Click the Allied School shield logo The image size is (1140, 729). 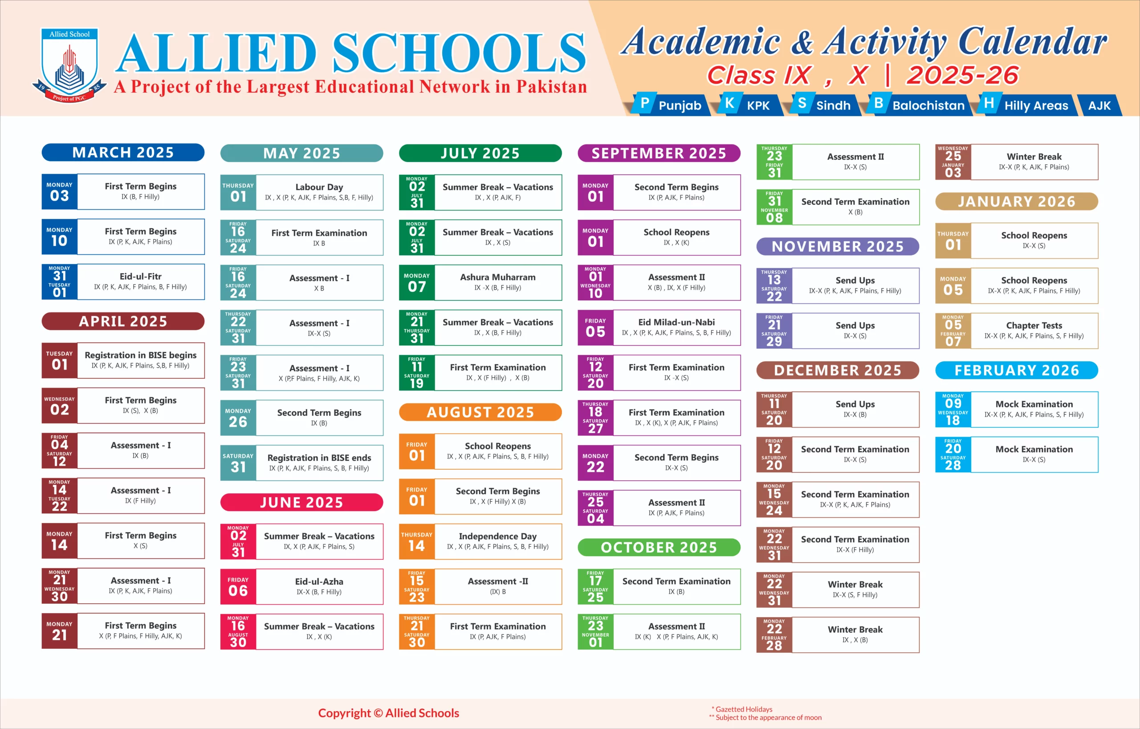69,64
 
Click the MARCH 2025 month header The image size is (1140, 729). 123,152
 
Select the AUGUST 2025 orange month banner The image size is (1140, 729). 480,412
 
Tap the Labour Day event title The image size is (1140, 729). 319,187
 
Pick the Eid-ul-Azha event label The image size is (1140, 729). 319,581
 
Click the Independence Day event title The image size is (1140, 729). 497,536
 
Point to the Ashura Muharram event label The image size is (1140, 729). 497,277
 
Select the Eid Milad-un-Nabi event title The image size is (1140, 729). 676,322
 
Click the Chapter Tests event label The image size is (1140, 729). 1034,325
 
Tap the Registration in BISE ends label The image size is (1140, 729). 319,458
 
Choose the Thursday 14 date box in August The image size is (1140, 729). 417,541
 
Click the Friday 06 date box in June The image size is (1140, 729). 238,586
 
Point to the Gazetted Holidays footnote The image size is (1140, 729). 743,709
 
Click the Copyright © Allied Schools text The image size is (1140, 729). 388,713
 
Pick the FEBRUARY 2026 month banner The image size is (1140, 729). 1017,370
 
